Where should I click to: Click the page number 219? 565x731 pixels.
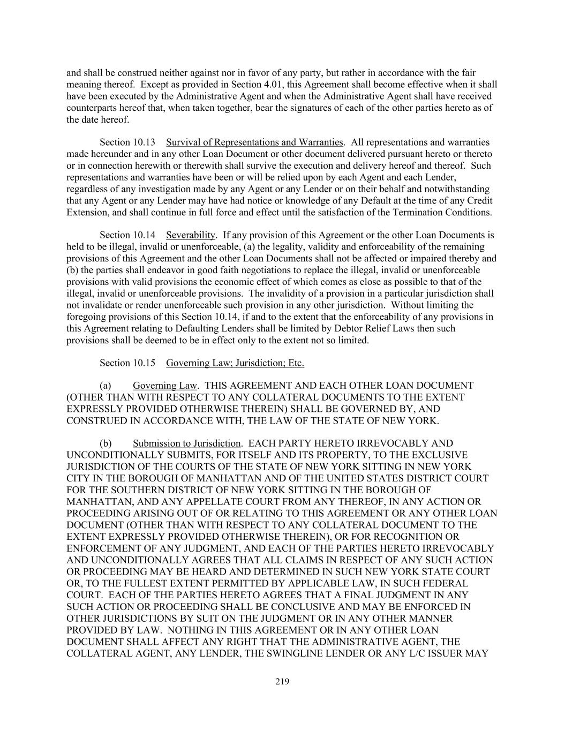[282, 682]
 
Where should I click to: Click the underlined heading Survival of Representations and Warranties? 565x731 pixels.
[254, 142]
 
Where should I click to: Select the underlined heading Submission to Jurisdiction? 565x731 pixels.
[187, 443]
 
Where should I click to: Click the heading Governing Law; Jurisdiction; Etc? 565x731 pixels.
[235, 363]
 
